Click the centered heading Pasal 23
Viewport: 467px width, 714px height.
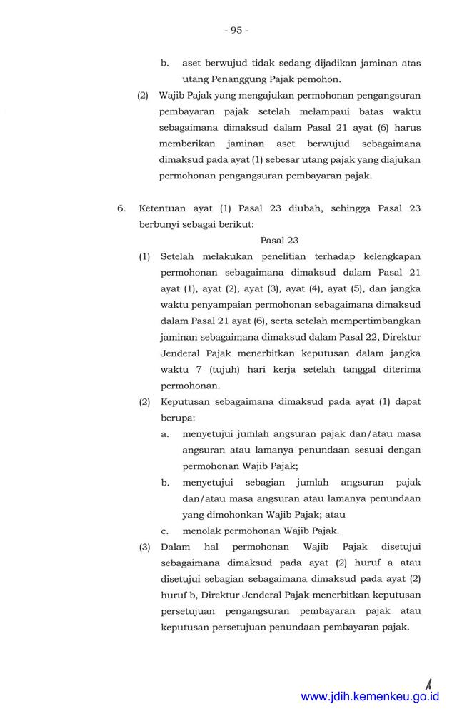click(x=280, y=241)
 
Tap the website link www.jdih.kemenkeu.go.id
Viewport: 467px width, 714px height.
click(x=370, y=696)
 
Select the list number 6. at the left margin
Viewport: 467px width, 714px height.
click(x=122, y=208)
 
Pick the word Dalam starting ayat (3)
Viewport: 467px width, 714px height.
click(x=176, y=547)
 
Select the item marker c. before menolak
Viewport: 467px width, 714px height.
click(x=164, y=531)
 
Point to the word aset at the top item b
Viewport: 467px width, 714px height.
click(x=193, y=63)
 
